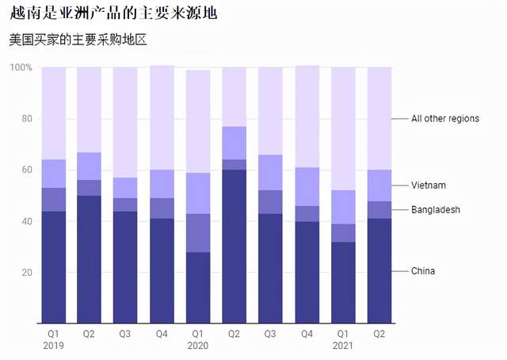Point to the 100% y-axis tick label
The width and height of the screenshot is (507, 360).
pos(21,67)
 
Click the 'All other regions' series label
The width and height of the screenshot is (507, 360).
pos(444,119)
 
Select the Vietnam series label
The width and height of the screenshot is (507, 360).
pos(429,186)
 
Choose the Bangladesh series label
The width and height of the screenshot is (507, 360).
pos(435,210)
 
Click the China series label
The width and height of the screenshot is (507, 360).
pos(422,271)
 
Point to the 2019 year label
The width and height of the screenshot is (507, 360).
pos(54,346)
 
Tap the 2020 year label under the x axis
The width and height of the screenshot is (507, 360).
pos(198,346)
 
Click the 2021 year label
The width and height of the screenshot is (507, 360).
pos(343,346)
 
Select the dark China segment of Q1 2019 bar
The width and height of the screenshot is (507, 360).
pos(54,266)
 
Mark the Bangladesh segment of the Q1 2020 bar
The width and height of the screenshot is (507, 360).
pos(198,233)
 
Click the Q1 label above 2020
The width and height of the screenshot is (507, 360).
pos(198,334)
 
